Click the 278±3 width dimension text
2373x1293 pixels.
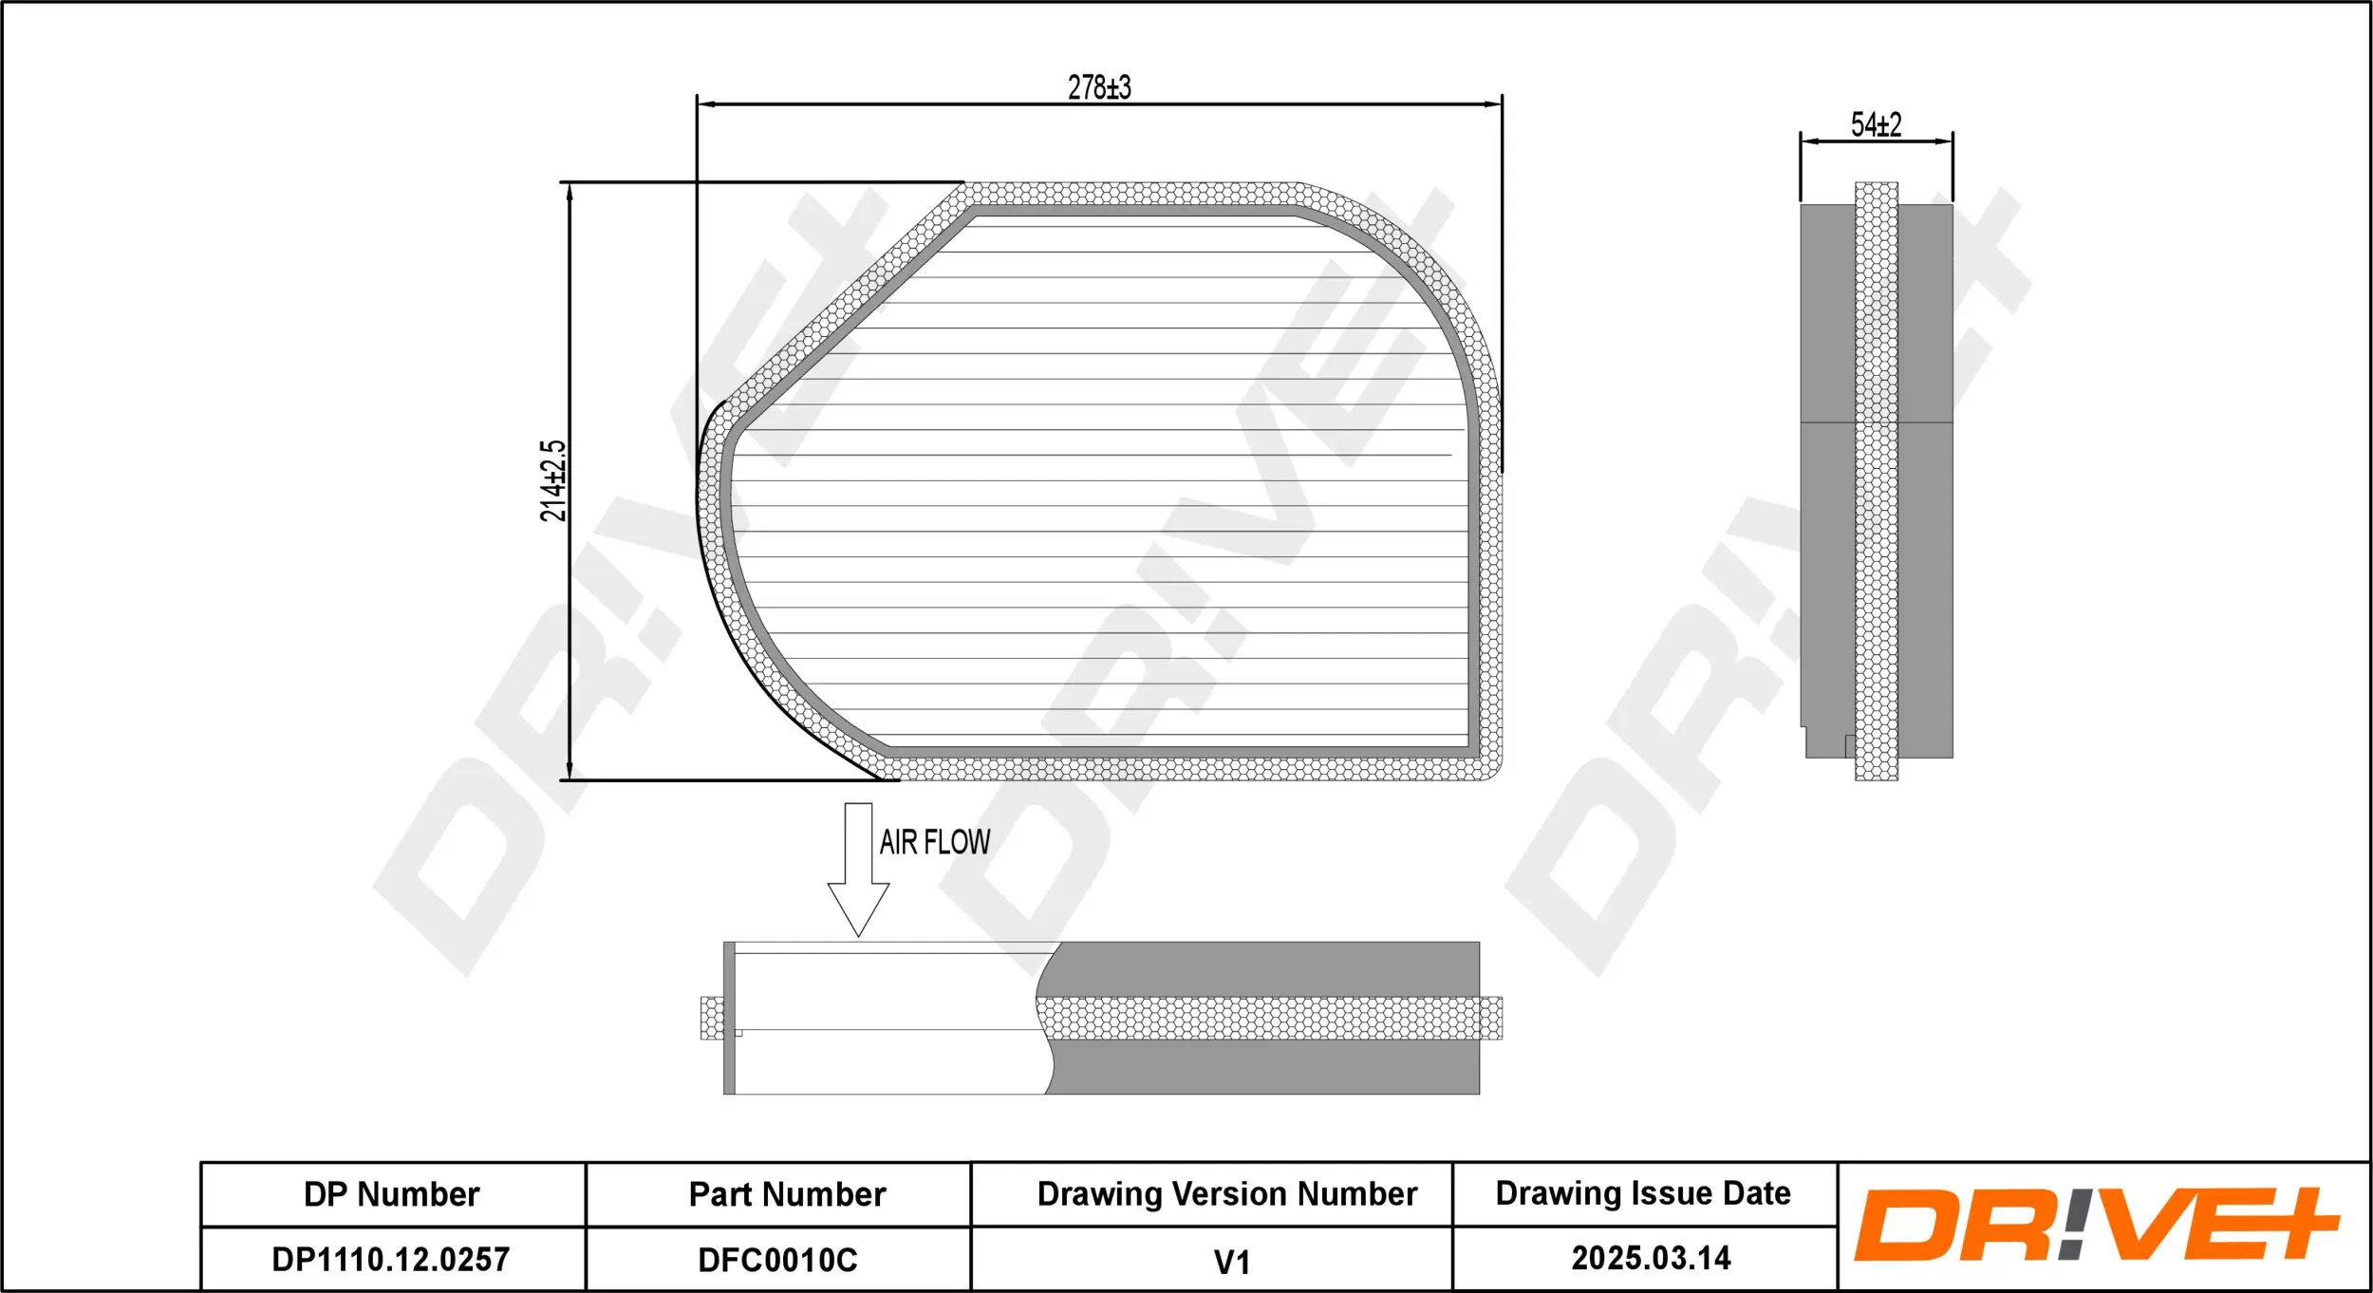coord(1099,87)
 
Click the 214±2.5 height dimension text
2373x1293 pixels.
coord(552,480)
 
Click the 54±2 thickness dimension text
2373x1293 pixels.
coord(1876,124)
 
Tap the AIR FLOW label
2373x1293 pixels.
coord(934,842)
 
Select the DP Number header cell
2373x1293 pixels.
coord(392,1194)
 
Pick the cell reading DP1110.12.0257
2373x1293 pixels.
coord(391,1260)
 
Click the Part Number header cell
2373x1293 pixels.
coord(787,1194)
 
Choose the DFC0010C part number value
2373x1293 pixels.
coord(777,1260)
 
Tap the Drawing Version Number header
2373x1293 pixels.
coord(1226,1193)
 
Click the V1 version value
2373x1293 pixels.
coord(1231,1262)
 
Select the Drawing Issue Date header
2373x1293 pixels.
coord(1643,1192)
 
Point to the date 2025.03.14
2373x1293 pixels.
coord(1651,1258)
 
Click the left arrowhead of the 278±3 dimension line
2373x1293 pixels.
coord(706,104)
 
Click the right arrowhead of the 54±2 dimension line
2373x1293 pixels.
coord(1945,141)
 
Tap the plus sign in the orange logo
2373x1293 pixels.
coord(2289,1223)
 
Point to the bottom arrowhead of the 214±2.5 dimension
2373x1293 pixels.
coord(570,771)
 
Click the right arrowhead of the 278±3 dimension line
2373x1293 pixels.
coord(1492,104)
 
